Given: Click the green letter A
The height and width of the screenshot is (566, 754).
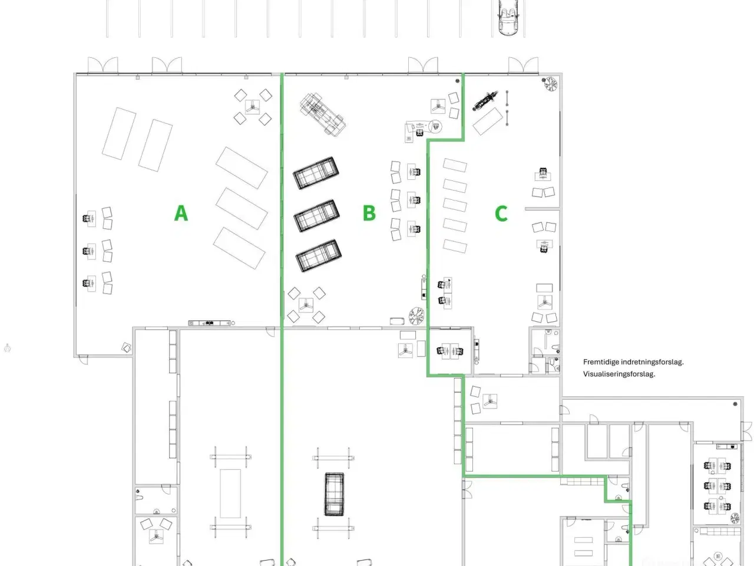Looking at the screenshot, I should point(181,212).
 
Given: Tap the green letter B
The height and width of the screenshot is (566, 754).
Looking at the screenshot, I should point(369,212).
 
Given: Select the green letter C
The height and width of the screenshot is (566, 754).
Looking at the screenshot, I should point(501,213).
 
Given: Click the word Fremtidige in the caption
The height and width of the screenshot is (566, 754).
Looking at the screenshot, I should point(601,362).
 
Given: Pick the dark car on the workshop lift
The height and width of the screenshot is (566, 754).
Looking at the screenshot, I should point(334,493).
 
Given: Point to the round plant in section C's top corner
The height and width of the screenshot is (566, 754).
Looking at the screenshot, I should point(551,85).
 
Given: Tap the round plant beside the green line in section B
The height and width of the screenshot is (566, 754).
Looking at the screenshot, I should point(417,315).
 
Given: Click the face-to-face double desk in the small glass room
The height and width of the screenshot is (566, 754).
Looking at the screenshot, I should point(450,351).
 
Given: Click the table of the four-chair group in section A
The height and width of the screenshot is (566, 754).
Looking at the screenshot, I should point(253,106).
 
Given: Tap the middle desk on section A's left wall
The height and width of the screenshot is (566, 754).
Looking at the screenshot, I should point(90,251).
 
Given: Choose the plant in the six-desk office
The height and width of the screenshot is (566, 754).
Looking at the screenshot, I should point(735,518).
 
